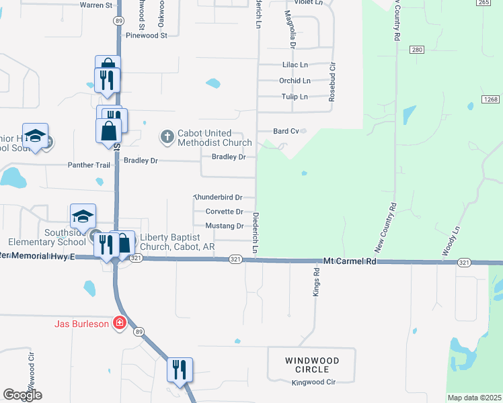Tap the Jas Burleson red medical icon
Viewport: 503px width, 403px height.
[120, 323]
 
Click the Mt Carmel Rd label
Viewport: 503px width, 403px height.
[350, 260]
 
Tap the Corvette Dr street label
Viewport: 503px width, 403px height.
[224, 212]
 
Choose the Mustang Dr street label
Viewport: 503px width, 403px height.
[224, 226]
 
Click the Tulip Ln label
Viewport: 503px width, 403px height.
[294, 97]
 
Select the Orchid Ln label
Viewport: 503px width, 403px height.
[295, 81]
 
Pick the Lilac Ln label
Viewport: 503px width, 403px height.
[295, 65]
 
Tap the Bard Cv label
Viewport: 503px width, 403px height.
[286, 131]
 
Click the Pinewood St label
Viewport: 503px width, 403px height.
[146, 36]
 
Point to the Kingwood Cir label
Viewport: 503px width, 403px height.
[313, 383]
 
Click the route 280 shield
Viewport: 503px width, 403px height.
[417, 50]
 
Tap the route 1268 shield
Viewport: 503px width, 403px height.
[490, 99]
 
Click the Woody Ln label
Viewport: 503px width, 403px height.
[451, 239]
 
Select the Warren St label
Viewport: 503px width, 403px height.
[95, 5]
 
